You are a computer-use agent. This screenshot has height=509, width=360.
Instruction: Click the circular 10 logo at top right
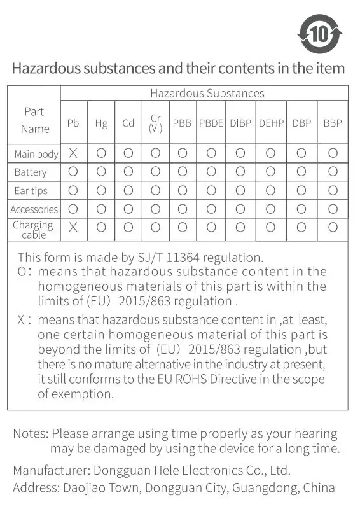point(320,33)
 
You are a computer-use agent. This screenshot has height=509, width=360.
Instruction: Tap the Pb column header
point(73,123)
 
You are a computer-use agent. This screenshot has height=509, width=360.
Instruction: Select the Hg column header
point(101,123)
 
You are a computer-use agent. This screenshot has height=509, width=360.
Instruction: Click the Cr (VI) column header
point(156,123)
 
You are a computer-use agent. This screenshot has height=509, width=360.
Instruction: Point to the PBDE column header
point(211,123)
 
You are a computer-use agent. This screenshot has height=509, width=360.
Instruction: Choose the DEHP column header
point(271,123)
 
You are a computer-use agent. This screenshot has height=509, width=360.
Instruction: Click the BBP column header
point(332,123)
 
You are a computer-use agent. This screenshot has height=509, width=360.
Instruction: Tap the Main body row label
point(36,154)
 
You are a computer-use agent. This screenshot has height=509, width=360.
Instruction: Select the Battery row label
point(31,172)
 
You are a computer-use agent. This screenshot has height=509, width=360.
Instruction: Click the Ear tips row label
point(31,190)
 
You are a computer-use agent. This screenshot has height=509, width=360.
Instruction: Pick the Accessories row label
point(34,209)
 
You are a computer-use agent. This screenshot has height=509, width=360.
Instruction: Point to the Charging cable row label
point(33,230)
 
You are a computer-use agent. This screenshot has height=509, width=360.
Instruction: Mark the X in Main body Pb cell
point(73,153)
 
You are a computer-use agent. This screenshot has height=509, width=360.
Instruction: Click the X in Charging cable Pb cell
point(73,227)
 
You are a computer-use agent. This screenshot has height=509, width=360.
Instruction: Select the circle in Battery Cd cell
point(128,171)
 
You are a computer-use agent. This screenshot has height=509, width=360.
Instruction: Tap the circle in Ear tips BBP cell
point(333,190)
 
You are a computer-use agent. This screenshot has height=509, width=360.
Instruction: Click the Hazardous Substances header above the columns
point(207,94)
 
